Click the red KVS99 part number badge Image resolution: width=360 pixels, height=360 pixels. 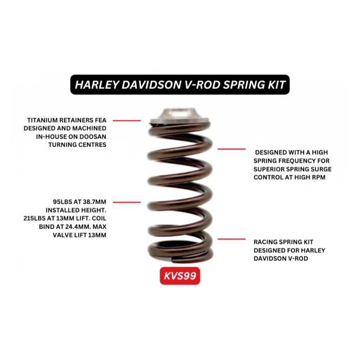pyautogui.click(x=180, y=276)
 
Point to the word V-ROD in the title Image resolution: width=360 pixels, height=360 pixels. pyautogui.click(x=201, y=84)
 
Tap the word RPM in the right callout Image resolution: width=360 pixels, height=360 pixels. pyautogui.click(x=317, y=178)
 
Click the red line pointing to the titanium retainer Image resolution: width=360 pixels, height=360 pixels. pyautogui.click(x=127, y=120)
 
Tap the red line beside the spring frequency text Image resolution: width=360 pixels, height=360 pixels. pyautogui.click(x=232, y=149)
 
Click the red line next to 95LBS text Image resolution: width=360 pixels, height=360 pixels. pyautogui.click(x=127, y=202)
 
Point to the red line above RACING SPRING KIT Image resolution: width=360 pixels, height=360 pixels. pyautogui.click(x=232, y=239)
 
